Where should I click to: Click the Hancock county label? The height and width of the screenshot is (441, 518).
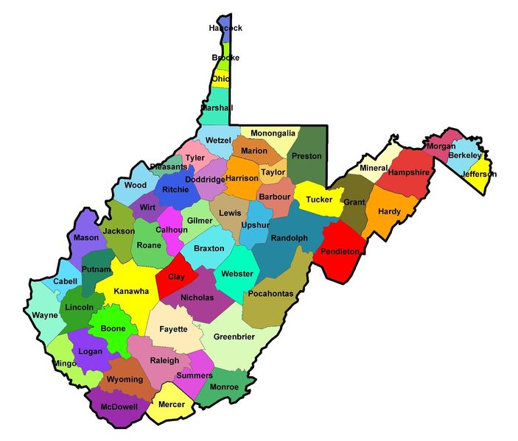point(225,28)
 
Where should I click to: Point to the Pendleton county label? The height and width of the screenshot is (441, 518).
point(340,252)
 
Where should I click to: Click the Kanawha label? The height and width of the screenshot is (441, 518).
point(131,292)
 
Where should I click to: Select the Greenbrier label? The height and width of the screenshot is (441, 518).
point(234,337)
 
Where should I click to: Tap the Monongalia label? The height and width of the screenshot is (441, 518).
point(273,133)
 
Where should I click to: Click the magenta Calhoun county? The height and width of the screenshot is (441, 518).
point(171,230)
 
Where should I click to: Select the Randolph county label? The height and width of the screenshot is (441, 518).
point(289,239)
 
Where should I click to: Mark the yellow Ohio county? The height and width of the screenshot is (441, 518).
point(221,78)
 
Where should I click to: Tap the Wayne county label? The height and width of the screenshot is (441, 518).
point(45,315)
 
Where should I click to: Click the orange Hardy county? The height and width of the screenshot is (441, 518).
point(389,211)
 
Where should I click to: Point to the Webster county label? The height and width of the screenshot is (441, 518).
point(237,274)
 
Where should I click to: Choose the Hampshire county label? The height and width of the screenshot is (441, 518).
point(408,172)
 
